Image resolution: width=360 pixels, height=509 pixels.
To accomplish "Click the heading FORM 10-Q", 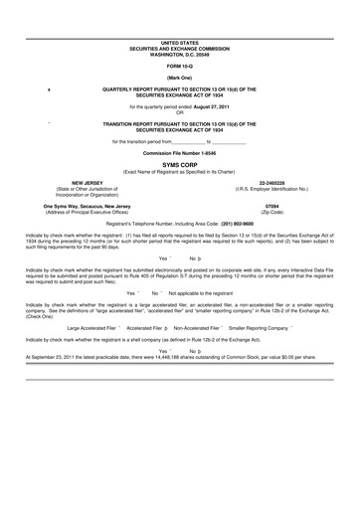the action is click(x=179, y=66).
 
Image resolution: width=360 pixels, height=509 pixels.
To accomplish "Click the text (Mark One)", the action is click(x=179, y=77).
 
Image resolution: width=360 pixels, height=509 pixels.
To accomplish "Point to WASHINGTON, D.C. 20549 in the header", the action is click(x=179, y=51).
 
